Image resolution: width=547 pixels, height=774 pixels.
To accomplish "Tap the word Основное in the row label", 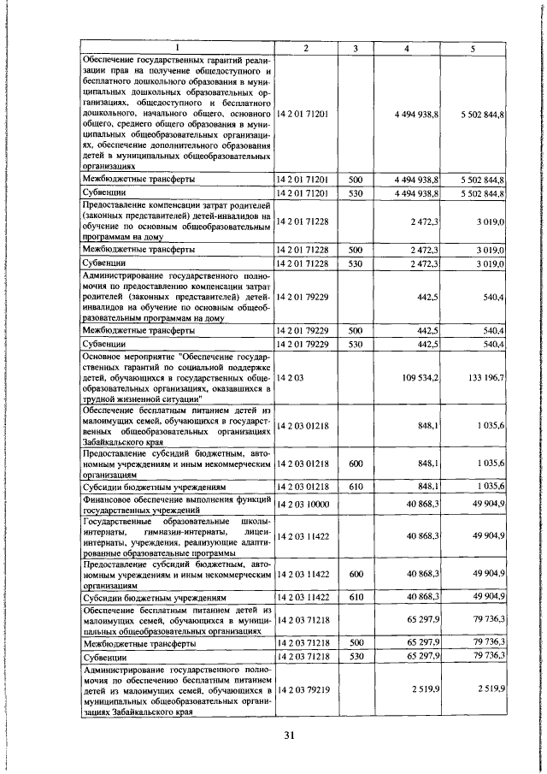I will pyautogui.click(x=107, y=355).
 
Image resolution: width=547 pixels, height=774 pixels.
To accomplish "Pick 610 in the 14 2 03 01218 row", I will pyautogui.click(x=356, y=487).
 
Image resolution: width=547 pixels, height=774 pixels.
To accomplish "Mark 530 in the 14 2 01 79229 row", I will pyautogui.click(x=356, y=343).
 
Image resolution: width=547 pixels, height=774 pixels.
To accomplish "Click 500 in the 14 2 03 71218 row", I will pyautogui.click(x=356, y=641).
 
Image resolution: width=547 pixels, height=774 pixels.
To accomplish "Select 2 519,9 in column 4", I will pyautogui.click(x=425, y=688).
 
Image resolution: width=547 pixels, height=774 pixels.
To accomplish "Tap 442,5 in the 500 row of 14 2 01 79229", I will pyautogui.click(x=427, y=329).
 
